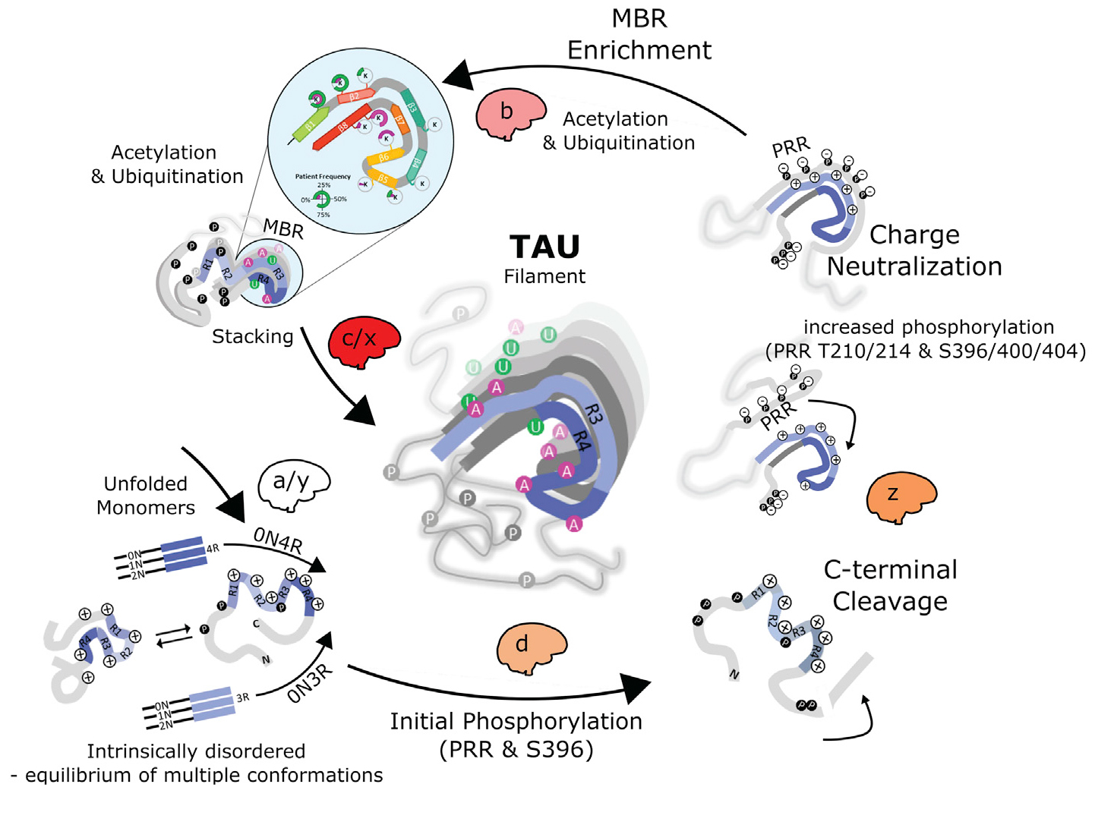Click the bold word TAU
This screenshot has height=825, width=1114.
click(544, 247)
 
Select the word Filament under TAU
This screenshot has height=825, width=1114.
click(544, 277)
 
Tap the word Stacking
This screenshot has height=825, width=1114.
click(252, 337)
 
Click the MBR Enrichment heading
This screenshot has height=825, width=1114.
click(639, 35)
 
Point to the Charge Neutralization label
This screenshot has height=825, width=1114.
click(914, 251)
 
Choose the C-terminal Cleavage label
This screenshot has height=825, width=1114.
click(890, 585)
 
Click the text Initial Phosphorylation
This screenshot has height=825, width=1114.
click(516, 722)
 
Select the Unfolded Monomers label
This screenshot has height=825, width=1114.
click(146, 496)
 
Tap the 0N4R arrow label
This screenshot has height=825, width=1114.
click(278, 540)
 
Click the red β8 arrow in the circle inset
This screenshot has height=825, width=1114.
click(342, 128)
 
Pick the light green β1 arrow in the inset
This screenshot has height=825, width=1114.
click(310, 124)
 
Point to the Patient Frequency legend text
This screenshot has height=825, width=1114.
click(323, 177)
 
